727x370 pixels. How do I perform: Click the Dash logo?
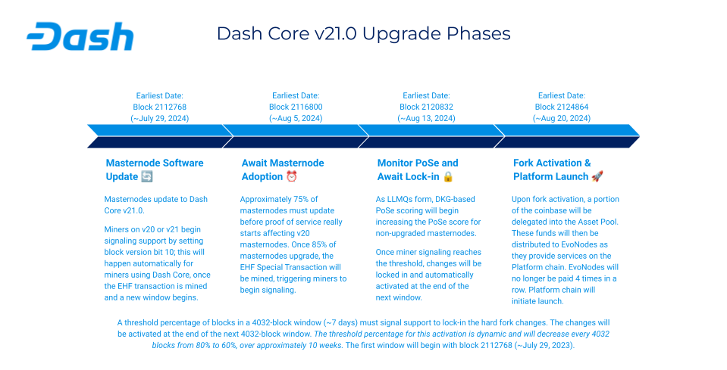click(x=80, y=36)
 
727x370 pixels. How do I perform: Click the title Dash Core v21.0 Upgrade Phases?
click(x=364, y=34)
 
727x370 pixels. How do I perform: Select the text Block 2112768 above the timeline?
click(x=159, y=107)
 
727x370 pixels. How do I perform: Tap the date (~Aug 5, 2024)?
click(x=296, y=118)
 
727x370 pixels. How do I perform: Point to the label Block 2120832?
click(x=426, y=107)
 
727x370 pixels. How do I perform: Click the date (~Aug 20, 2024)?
click(x=562, y=118)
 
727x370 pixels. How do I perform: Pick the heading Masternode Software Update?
click(x=155, y=169)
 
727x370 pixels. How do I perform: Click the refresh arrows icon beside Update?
click(x=146, y=176)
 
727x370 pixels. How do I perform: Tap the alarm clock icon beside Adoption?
click(x=292, y=176)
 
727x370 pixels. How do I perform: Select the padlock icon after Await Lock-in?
click(x=448, y=176)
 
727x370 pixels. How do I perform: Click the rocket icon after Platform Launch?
click(x=597, y=176)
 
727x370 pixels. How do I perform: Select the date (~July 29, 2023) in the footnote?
click(x=544, y=346)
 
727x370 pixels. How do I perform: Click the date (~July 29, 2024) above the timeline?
click(x=159, y=118)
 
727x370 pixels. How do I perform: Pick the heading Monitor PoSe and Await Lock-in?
click(x=418, y=169)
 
